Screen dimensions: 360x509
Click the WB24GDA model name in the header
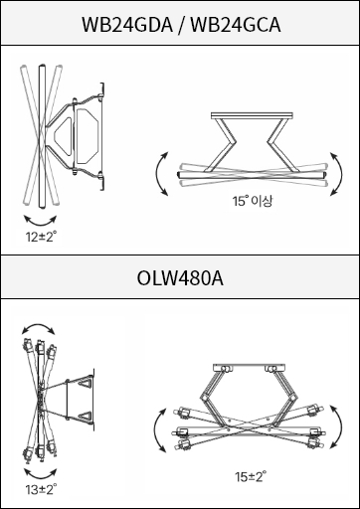click(127, 25)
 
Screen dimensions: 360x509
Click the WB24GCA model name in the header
click(236, 25)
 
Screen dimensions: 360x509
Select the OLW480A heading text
click(180, 278)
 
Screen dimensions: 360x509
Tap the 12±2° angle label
click(41, 237)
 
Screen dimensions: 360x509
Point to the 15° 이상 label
click(253, 201)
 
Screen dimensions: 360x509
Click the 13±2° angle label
click(41, 489)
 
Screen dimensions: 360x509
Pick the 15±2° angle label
click(251, 476)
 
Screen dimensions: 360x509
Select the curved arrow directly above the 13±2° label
click(41, 473)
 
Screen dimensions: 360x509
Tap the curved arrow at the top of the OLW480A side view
click(39, 326)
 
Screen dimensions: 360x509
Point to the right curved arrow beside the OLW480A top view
click(340, 426)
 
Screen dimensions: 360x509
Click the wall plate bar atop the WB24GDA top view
click(252, 115)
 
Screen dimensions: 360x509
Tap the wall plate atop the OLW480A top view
click(249, 368)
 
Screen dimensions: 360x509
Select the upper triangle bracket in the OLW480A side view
click(86, 383)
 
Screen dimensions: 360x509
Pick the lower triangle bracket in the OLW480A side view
click(86, 417)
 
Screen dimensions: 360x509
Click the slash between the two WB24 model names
click(182, 25)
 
